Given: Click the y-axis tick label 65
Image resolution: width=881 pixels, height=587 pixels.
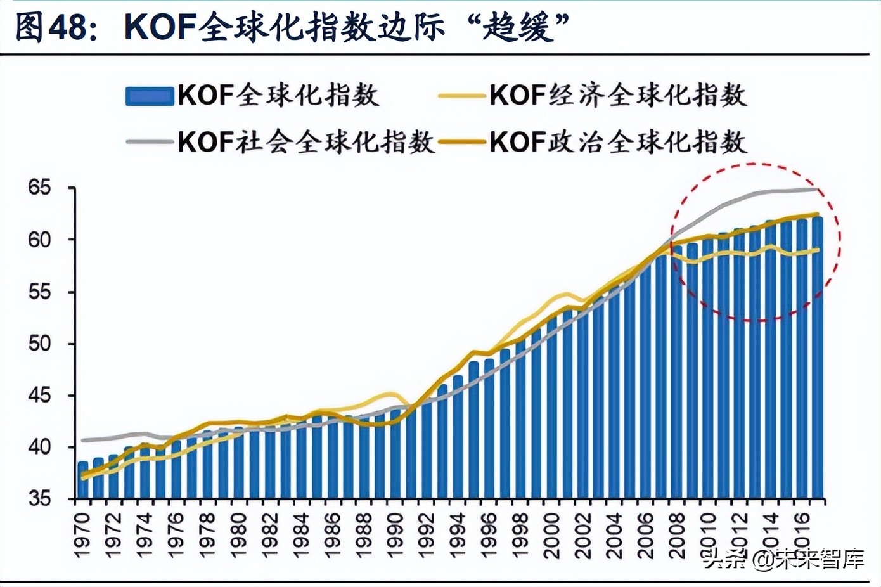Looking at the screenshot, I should coord(39,188).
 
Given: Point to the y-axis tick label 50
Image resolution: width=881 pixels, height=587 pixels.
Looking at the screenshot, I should coord(39,344).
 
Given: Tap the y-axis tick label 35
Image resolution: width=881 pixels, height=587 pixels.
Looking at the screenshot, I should coord(39,499).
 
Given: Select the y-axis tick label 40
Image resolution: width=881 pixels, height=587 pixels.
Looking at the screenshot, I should coord(39,447).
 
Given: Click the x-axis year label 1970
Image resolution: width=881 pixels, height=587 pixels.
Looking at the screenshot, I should coord(82,536).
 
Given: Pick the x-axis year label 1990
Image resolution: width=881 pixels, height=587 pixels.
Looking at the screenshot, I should coord(395,536).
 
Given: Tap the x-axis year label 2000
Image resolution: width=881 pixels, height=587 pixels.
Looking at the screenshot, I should coord(551,536).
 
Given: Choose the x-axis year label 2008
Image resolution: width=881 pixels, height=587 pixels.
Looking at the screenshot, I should coord(677,536).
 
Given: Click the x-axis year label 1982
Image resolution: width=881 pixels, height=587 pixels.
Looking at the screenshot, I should coord(270,536).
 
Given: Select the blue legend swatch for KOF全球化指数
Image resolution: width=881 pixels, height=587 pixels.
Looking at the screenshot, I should coord(150,96).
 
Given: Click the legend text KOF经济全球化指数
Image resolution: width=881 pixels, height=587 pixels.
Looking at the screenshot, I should coord(617,96).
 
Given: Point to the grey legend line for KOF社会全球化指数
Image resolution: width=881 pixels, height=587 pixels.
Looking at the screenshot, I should coord(150,142).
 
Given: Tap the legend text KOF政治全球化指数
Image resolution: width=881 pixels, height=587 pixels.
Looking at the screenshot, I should coord(617,142).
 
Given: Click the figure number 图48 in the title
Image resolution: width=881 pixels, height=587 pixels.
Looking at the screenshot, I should coord(51,27).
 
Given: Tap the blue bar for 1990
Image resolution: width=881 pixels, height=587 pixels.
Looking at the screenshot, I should coord(395,454).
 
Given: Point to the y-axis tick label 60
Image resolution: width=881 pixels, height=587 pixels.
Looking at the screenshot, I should coord(39,240).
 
